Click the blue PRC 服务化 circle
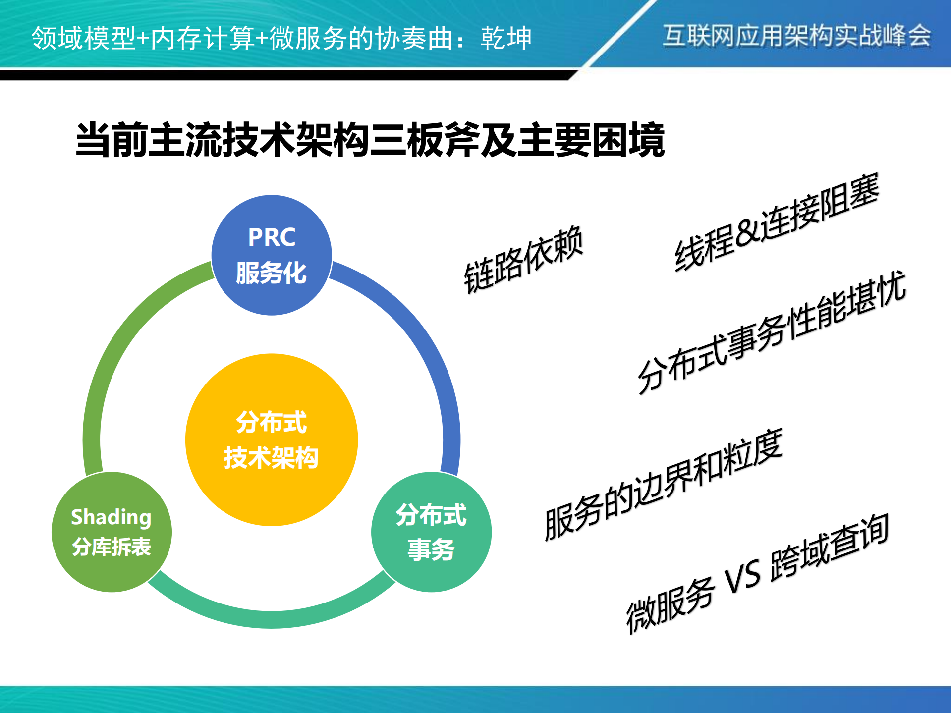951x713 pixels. [x=272, y=255]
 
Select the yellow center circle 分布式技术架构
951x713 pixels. [x=272, y=440]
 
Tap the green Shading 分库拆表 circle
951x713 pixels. [x=112, y=532]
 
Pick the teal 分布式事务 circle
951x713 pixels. [x=431, y=532]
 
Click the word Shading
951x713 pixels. [x=111, y=517]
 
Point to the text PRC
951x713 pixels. [x=272, y=237]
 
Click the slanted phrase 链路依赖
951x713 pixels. [x=524, y=260]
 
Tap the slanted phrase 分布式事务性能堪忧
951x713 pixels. [x=772, y=332]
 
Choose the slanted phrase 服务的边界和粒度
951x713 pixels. [x=663, y=485]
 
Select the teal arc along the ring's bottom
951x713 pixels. [x=272, y=619]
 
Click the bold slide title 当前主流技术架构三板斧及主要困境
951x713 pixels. [x=370, y=140]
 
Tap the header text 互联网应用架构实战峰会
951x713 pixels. [x=796, y=36]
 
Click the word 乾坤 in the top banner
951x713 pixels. [x=506, y=38]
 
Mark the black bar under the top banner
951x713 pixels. [x=282, y=75]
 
